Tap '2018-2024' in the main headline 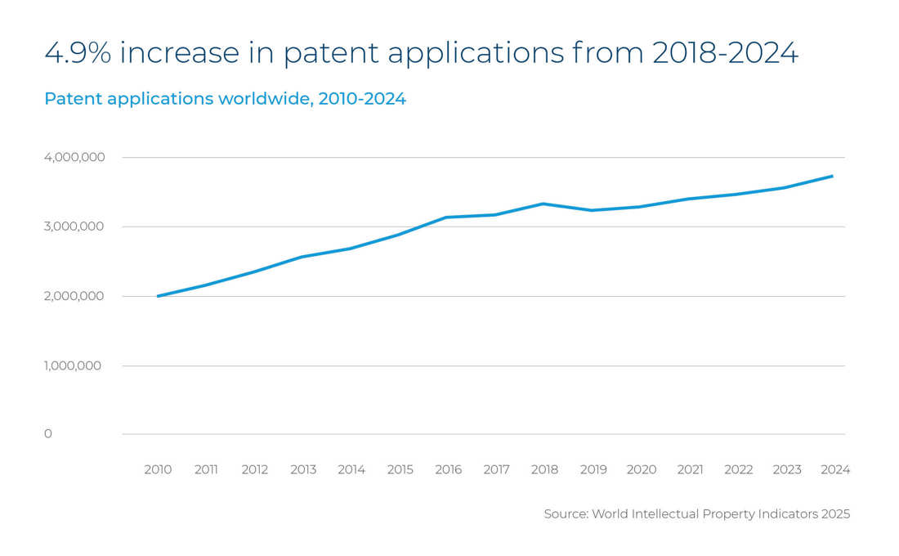click(725, 53)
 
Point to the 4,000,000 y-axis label click(74, 157)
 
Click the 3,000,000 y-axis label click(74, 226)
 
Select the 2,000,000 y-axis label click(74, 296)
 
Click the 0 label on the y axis click(48, 434)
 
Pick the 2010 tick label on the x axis click(158, 470)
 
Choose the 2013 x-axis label click(303, 470)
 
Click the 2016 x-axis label click(448, 470)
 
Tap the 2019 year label click(593, 470)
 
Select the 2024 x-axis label click(835, 470)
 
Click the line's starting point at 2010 click(158, 296)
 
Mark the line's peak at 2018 click(544, 204)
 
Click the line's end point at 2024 click(832, 176)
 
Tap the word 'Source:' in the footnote click(566, 514)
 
